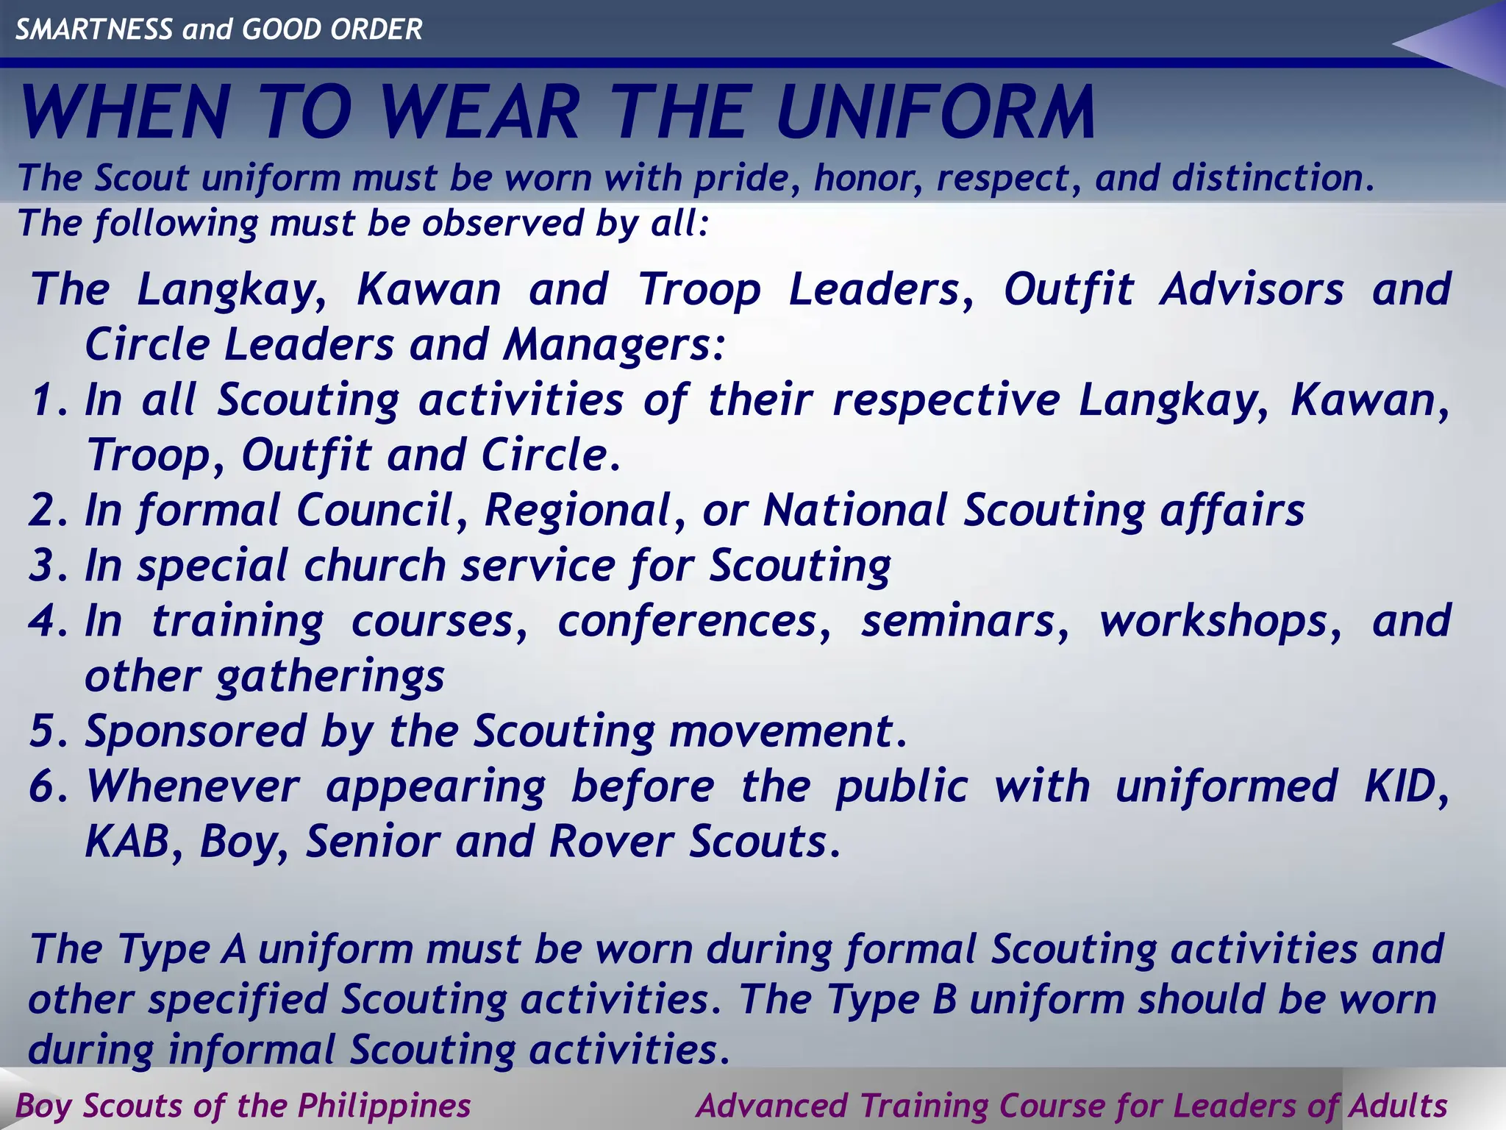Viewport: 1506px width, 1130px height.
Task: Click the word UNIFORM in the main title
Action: coord(935,113)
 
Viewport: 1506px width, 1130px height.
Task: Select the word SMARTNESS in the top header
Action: coord(94,29)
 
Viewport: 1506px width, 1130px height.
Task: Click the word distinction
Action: coord(1271,178)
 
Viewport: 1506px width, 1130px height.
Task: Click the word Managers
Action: coord(614,344)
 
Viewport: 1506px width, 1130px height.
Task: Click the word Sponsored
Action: coord(195,732)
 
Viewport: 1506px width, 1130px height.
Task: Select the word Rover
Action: coord(610,842)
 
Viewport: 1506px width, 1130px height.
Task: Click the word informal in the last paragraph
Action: coord(250,1049)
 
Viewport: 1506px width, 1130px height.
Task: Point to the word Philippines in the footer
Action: coord(384,1106)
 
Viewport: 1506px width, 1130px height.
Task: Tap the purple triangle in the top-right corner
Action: coord(1463,44)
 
